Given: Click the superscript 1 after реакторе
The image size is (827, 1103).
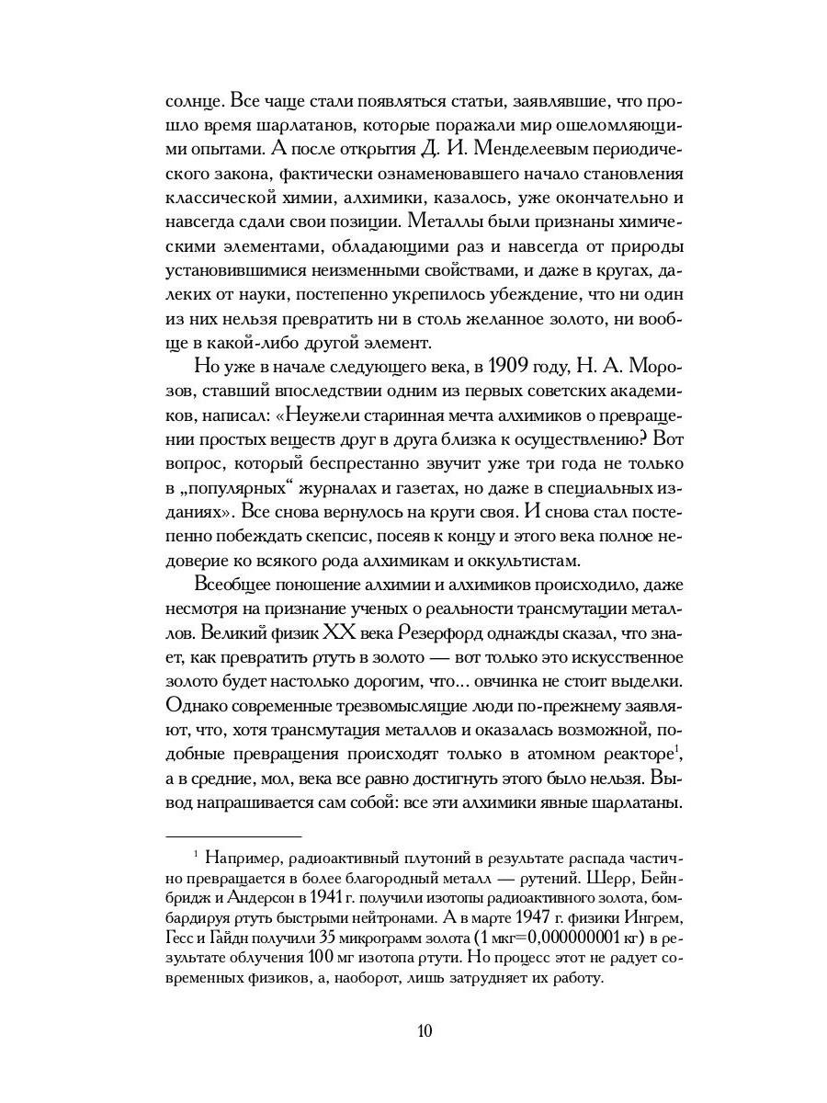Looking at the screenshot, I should click(x=677, y=747).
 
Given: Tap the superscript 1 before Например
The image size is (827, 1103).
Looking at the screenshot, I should click(x=196, y=854).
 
